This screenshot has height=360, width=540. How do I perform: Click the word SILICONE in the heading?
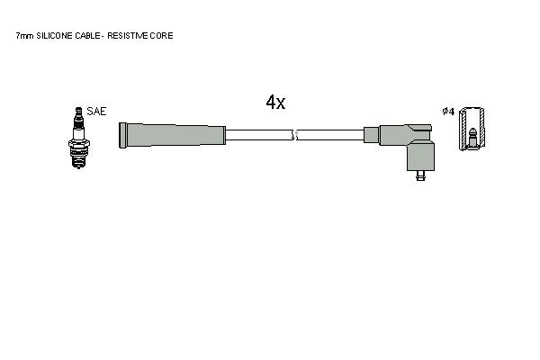pos(54,35)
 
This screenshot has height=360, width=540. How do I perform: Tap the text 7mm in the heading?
pos(25,35)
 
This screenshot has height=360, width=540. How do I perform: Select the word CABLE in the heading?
pos(87,35)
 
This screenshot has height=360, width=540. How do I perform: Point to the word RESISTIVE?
pos(128,35)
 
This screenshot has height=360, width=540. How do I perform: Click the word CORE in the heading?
pos(161,35)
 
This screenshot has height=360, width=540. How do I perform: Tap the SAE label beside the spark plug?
pos(96,111)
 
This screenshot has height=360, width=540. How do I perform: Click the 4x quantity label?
pos(275,102)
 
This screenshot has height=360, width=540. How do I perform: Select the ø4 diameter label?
pos(448,112)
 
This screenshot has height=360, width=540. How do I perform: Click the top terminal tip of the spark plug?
pos(79,111)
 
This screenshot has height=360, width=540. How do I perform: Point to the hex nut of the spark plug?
pos(79,143)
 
